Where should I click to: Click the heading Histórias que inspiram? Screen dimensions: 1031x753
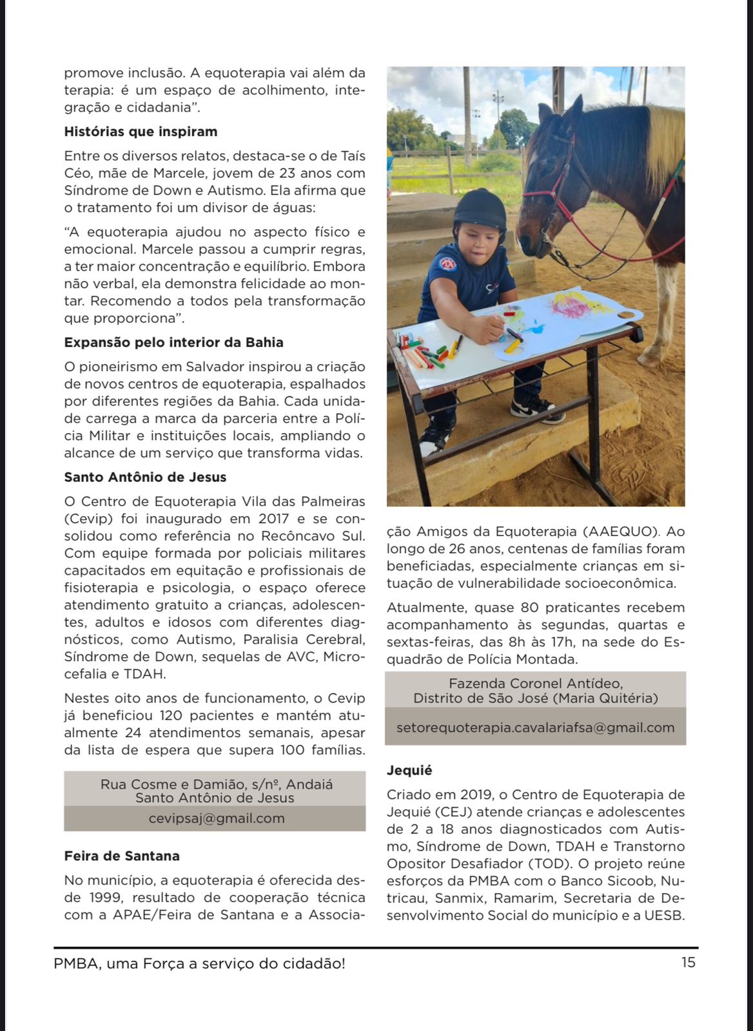coord(141,132)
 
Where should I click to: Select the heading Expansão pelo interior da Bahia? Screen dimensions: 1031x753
coord(173,343)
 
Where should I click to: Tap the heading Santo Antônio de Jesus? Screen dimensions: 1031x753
coord(145,477)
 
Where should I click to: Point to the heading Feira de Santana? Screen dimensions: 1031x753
coord(122,856)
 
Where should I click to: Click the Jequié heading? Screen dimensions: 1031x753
coord(409,771)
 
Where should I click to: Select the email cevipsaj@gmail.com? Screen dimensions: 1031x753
coord(217,818)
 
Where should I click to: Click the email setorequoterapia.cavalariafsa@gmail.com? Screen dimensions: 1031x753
coord(535,727)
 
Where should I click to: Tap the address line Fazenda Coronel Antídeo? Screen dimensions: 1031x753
coord(536,684)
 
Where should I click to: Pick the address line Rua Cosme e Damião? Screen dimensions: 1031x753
coord(217,784)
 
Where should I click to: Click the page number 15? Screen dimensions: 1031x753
coord(688,963)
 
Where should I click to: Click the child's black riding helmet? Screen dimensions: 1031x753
coord(480,209)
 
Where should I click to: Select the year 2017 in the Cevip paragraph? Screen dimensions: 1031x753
coord(273,519)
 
